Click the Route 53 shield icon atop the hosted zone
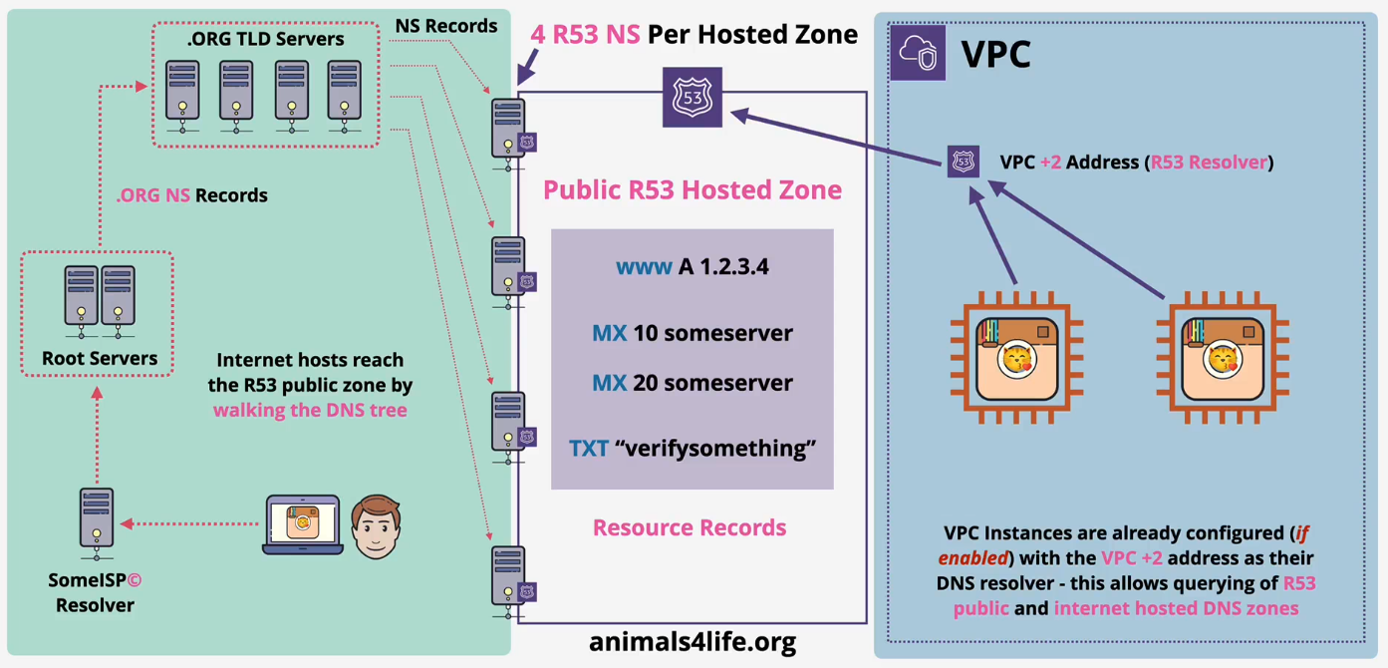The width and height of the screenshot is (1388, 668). pyautogui.click(x=693, y=98)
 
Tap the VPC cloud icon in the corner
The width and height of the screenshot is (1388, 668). pyautogui.click(x=918, y=53)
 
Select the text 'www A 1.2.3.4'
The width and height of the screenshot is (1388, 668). pyautogui.click(x=692, y=267)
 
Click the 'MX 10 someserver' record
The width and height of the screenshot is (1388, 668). pyautogui.click(x=693, y=333)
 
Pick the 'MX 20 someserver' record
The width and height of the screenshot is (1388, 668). pyautogui.click(x=693, y=383)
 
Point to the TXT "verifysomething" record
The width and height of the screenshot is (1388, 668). pyautogui.click(x=693, y=448)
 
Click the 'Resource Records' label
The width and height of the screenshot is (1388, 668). pyautogui.click(x=690, y=527)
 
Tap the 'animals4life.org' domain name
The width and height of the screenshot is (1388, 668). pyautogui.click(x=693, y=640)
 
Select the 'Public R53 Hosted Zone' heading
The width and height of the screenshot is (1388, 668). pyautogui.click(x=693, y=189)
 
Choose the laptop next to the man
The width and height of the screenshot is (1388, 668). pyautogui.click(x=302, y=524)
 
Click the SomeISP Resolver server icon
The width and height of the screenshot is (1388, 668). pyautogui.click(x=96, y=521)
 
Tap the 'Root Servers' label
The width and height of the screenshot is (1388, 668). pyautogui.click(x=100, y=358)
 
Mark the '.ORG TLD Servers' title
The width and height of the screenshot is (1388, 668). pyautogui.click(x=266, y=40)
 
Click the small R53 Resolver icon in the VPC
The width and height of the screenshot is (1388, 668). pyautogui.click(x=963, y=162)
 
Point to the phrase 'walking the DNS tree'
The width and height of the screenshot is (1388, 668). pyautogui.click(x=310, y=409)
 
